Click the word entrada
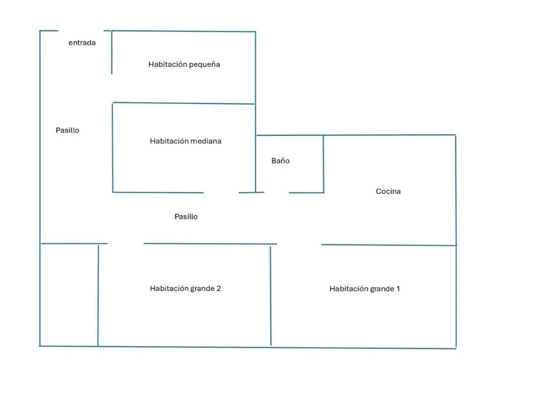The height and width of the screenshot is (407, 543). coord(82,43)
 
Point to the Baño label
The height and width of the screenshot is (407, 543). coord(280,161)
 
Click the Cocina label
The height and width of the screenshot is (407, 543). coord(388,191)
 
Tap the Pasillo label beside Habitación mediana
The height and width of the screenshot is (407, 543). coord(67,130)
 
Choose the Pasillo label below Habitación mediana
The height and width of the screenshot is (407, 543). coord(186,216)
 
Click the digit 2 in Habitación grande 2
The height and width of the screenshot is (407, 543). coord(218,288)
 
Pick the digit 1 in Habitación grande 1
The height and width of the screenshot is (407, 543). coord(398,289)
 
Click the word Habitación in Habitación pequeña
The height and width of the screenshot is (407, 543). coord(167,64)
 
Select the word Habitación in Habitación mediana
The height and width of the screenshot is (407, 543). coord(168,141)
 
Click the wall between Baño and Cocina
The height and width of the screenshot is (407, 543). coord(323,164)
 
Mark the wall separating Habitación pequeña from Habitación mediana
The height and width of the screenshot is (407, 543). coord(184,103)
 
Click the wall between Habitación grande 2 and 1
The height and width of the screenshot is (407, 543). coord(271,296)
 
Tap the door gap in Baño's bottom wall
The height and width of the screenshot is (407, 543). coord(276,193)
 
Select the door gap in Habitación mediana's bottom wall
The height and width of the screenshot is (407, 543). coord(221,193)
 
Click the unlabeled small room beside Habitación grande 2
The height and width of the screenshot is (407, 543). coord(69,295)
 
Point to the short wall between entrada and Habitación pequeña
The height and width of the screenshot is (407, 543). coord(112,52)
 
